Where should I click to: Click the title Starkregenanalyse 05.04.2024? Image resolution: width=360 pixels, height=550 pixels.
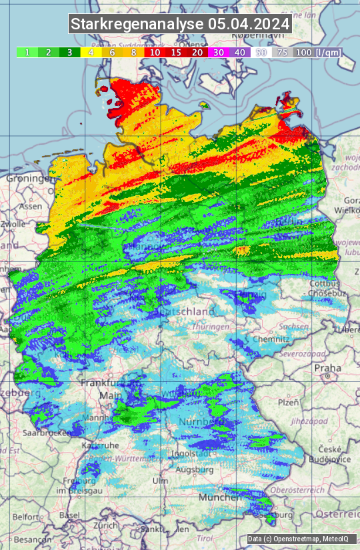(180, 24)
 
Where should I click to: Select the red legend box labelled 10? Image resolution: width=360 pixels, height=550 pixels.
(155, 52)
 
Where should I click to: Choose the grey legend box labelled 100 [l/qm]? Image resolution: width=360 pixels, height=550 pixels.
(316, 52)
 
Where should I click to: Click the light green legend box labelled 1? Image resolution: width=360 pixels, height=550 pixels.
(27, 52)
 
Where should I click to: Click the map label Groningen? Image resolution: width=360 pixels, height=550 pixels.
(29, 179)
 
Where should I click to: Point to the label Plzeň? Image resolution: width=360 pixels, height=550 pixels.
(287, 402)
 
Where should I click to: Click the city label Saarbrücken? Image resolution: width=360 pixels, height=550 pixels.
(47, 433)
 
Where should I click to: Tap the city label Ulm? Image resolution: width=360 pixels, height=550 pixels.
(160, 480)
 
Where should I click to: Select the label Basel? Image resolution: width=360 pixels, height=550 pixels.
(69, 515)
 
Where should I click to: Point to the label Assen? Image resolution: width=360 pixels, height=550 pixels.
(30, 207)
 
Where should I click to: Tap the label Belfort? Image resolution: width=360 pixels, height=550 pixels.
(26, 517)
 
